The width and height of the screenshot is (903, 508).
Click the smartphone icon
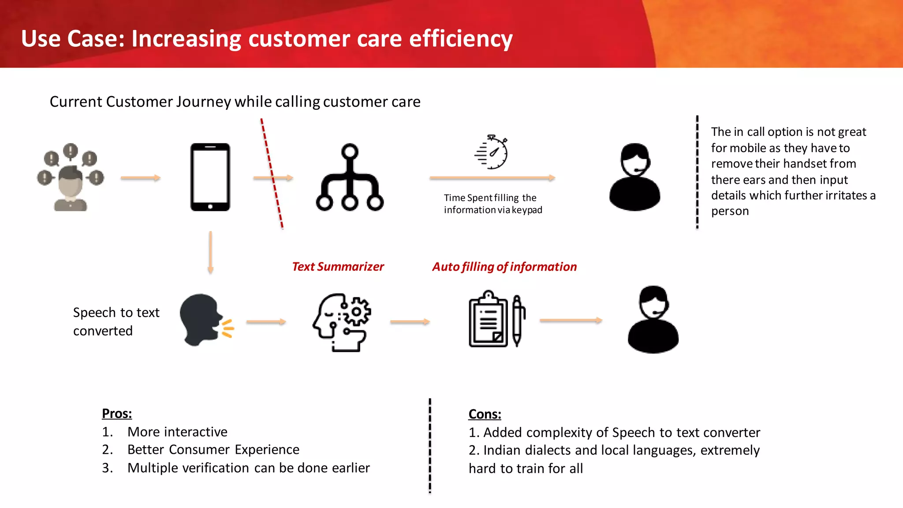click(x=210, y=177)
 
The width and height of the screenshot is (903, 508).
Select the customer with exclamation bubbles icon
click(x=71, y=177)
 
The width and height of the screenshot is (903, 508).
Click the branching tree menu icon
click(x=350, y=177)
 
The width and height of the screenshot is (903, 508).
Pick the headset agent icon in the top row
click(x=634, y=177)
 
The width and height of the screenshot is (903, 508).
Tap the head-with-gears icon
click(x=342, y=322)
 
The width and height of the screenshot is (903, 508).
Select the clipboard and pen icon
click(x=497, y=319)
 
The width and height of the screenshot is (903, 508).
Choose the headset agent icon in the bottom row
click(x=653, y=320)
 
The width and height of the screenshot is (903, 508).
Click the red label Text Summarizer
click(x=338, y=267)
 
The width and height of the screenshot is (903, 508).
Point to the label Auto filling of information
click(x=504, y=267)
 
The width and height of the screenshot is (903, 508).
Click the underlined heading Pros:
click(x=117, y=414)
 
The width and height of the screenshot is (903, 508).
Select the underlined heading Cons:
click(x=485, y=414)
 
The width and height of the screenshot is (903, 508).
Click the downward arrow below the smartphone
click(x=210, y=252)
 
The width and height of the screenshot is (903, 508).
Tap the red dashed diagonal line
click(x=272, y=173)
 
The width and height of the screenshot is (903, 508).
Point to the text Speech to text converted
click(x=116, y=321)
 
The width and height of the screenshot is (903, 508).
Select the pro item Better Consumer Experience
click(x=213, y=449)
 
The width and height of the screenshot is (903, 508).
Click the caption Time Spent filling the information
click(x=493, y=204)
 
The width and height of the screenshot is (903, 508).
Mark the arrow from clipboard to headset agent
click(x=571, y=321)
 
